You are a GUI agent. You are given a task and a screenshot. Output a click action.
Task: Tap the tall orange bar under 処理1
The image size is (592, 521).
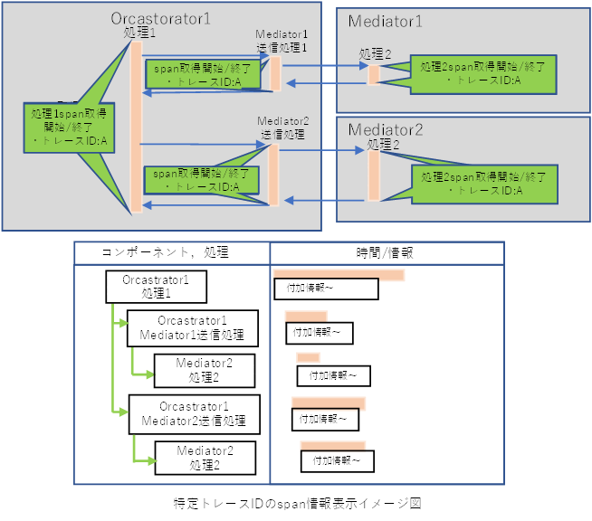point(137,127)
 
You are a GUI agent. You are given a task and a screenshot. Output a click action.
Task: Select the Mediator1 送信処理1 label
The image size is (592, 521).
point(282,41)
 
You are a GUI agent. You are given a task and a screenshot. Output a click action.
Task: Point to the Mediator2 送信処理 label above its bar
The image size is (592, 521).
point(282,127)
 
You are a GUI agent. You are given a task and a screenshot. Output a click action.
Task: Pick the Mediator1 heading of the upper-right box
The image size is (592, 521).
point(385,21)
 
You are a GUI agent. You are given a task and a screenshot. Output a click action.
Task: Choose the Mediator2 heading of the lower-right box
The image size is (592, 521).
point(386,128)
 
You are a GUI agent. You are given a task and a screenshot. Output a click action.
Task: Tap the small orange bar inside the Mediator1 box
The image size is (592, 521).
point(373,74)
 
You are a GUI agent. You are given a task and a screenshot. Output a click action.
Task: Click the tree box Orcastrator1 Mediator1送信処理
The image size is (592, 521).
point(192,328)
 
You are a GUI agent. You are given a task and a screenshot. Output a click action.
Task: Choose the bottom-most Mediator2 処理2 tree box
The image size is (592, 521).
point(205,457)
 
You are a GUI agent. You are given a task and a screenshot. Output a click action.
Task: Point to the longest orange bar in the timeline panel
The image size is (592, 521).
point(339,274)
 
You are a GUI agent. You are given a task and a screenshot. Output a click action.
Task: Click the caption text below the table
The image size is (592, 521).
point(297,502)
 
